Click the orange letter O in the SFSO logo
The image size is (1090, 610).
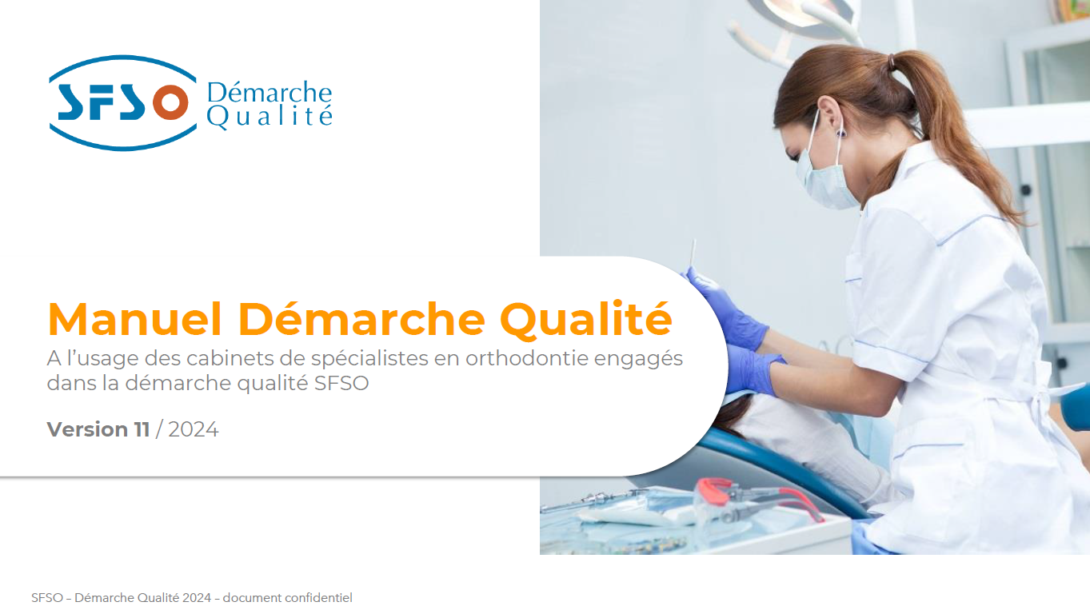[170, 102]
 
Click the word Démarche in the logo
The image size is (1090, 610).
[270, 92]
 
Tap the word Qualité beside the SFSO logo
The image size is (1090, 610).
[270, 118]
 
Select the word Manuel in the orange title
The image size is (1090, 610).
[135, 320]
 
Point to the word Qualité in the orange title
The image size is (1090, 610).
[586, 320]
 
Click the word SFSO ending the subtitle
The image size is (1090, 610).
[341, 383]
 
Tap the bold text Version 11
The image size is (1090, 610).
[98, 429]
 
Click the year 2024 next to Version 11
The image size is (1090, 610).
[194, 429]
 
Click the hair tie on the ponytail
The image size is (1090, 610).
[892, 62]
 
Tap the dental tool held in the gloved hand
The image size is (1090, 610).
[693, 254]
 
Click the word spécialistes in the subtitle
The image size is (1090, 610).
[369, 359]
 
